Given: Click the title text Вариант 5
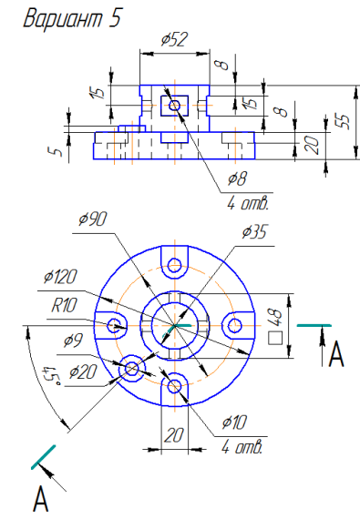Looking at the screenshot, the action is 73,18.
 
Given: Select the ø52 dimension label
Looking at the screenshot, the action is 174,39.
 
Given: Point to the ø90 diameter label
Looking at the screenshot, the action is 93,219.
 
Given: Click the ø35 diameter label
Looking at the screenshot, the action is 254,231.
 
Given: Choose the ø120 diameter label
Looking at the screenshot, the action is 60,277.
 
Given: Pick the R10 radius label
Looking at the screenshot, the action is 64,305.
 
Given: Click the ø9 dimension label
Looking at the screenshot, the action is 73,340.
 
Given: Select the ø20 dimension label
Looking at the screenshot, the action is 83,371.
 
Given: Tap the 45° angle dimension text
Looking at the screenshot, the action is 50,376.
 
